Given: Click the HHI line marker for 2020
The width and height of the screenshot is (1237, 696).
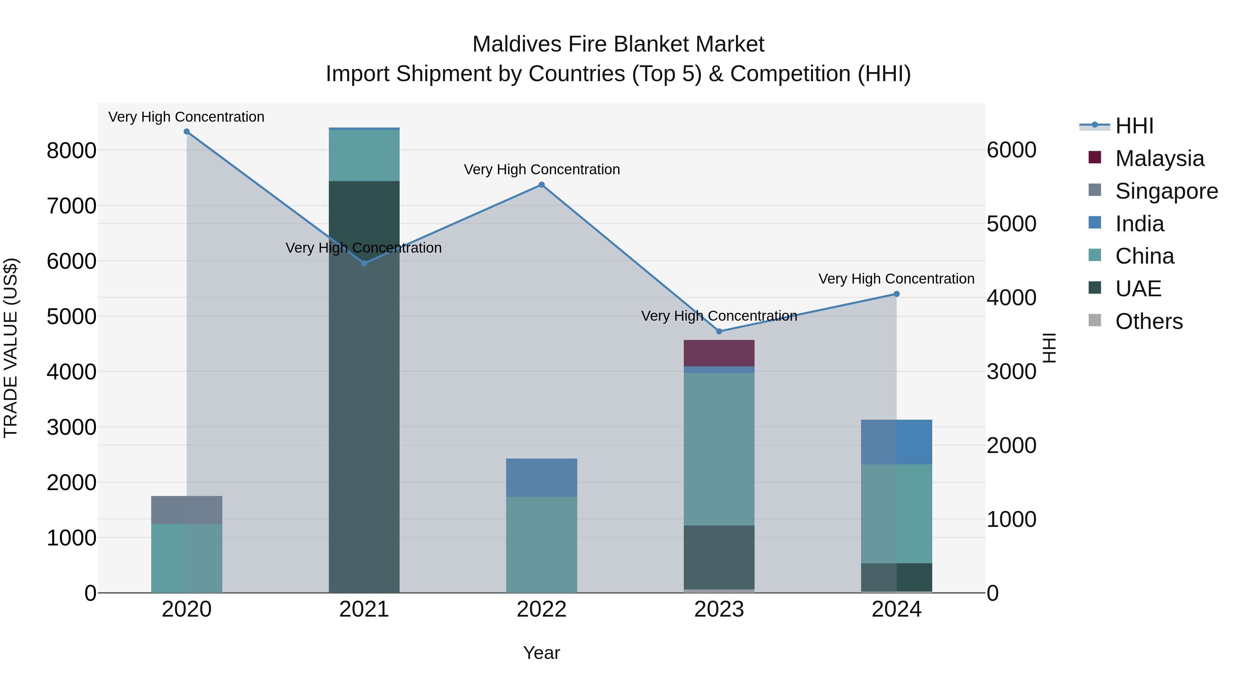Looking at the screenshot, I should click(187, 132).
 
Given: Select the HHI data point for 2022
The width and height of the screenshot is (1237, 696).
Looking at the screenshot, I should click(542, 185).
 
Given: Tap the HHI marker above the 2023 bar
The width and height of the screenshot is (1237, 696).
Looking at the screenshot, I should click(719, 331).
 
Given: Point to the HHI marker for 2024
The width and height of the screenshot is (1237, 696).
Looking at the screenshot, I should click(896, 294).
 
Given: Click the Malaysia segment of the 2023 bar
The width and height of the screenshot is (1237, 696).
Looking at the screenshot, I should click(719, 353).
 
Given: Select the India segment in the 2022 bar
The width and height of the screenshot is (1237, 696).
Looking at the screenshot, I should click(542, 477).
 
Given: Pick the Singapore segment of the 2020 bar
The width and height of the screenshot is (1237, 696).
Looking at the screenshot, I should click(187, 510).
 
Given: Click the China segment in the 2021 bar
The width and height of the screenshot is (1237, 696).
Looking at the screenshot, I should click(364, 155).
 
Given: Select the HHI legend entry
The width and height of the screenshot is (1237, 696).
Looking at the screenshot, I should click(1134, 126).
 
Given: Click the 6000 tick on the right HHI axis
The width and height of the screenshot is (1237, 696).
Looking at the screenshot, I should click(1011, 150).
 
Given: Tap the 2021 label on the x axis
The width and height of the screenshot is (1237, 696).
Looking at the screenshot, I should click(364, 609).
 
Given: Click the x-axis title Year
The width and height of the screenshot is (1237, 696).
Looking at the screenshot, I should click(541, 653).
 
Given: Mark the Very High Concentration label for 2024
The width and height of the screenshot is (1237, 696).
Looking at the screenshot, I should click(896, 279).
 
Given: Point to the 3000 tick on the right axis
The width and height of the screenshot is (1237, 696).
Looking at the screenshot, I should click(1011, 372).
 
